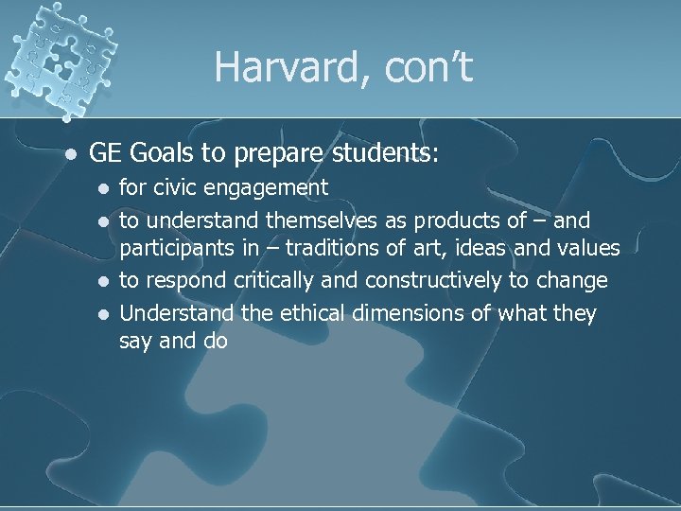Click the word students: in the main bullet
point(389,151)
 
